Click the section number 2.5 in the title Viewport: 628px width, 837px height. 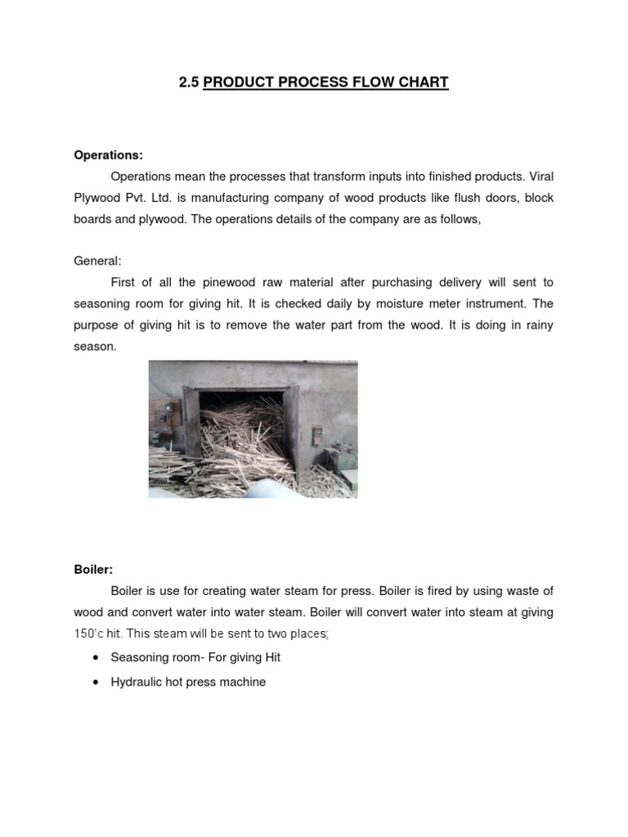click(189, 83)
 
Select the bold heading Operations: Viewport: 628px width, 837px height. click(108, 154)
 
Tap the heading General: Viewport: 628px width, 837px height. click(97, 261)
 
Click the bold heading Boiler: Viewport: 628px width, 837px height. click(93, 569)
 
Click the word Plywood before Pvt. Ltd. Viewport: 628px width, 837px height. click(98, 198)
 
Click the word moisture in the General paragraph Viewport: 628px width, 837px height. click(385, 304)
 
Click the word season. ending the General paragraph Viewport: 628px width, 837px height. click(95, 347)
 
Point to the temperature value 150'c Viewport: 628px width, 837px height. click(91, 633)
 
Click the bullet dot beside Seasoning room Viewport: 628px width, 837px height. click(96, 657)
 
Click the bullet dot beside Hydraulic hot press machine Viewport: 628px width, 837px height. click(96, 682)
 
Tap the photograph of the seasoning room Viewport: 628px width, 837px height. click(253, 429)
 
